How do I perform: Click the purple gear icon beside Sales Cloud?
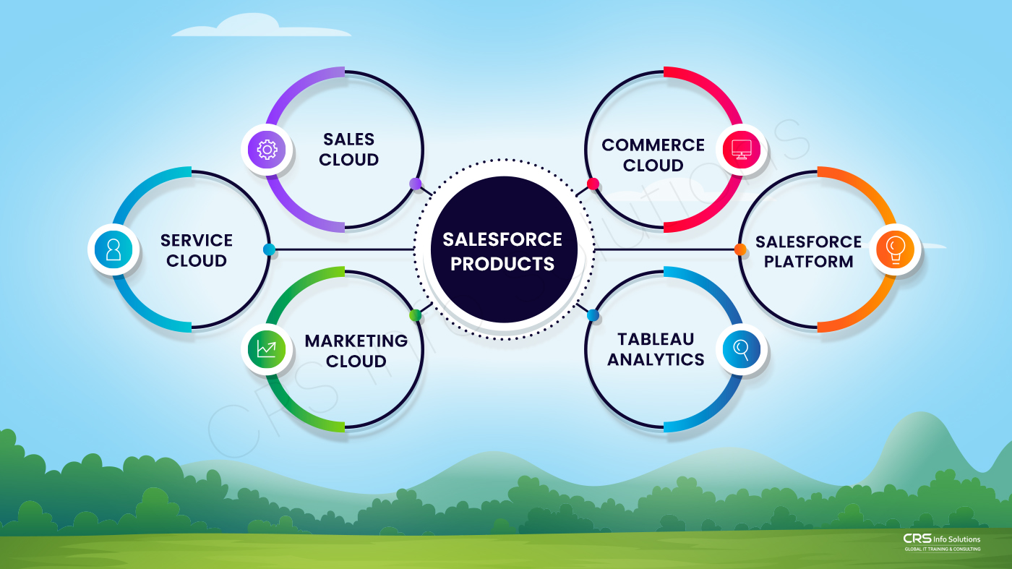pos(267,150)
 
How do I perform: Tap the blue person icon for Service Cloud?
pos(113,249)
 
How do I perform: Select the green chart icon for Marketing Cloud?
pos(266,349)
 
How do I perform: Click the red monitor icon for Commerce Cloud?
pos(742,149)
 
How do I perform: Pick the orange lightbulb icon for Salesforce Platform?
pos(895,249)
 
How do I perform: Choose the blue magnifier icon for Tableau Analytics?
pos(742,351)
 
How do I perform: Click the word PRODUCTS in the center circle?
pos(502,263)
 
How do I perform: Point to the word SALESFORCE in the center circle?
pos(502,239)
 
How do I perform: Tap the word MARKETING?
pos(356,341)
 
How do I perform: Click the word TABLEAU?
pos(656,339)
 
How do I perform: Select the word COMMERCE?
pos(653,145)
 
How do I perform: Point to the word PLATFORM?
pos(808,262)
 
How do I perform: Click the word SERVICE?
pos(197,240)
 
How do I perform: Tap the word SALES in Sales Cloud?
pos(349,139)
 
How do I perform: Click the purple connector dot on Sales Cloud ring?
pos(416,184)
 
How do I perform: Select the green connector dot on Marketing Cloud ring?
pos(415,315)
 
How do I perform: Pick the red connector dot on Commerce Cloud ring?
pos(593,184)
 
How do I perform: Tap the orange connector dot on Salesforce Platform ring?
pos(740,249)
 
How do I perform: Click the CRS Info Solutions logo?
pos(942,542)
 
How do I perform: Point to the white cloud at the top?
pos(260,27)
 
